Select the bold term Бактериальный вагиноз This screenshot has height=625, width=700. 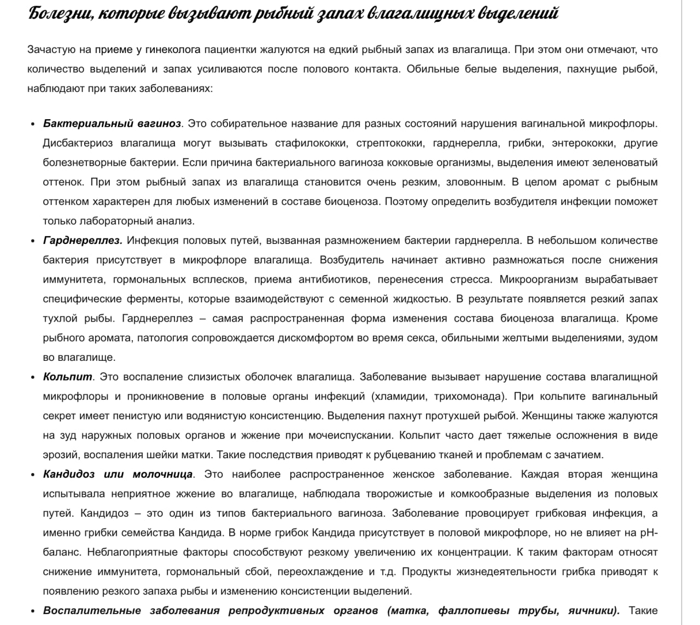(x=112, y=124)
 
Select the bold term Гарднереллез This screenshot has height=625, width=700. (x=83, y=241)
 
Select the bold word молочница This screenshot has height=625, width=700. (x=162, y=474)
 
